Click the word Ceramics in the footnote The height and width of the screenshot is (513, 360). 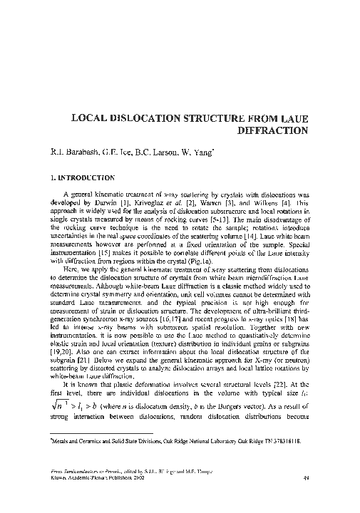click(x=85, y=442)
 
